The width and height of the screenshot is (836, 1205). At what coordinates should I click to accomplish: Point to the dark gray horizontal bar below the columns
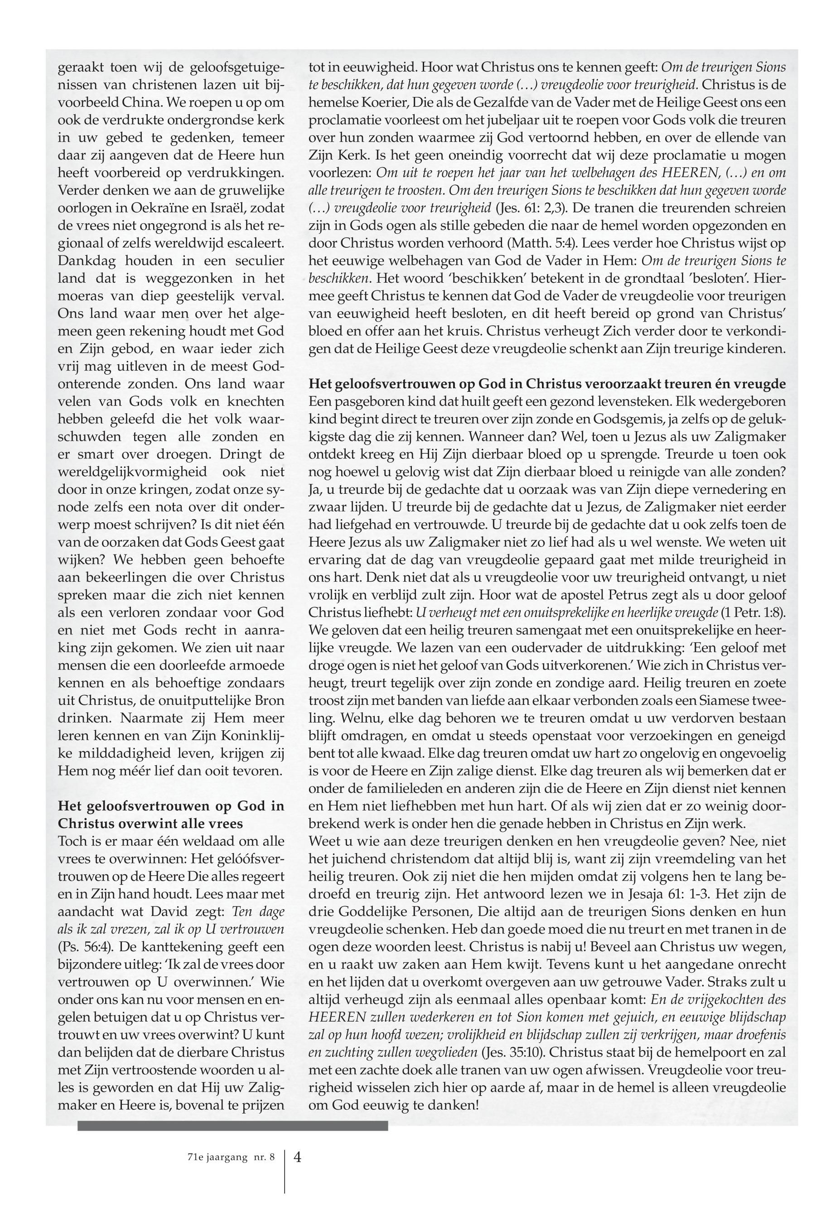(x=232, y=1124)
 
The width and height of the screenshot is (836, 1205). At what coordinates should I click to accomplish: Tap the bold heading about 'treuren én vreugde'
(x=547, y=384)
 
